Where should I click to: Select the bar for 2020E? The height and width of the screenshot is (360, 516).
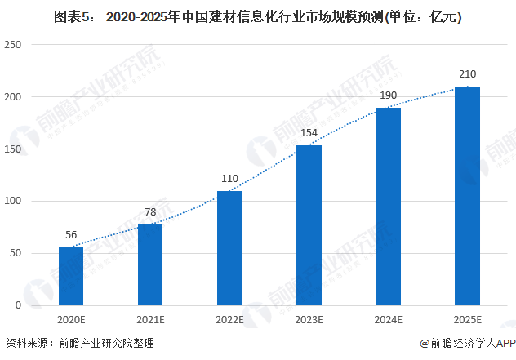tap(71, 276)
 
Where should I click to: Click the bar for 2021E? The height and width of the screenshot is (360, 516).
tap(150, 264)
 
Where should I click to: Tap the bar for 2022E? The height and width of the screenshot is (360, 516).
tap(229, 248)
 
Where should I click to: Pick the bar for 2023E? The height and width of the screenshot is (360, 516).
tap(309, 225)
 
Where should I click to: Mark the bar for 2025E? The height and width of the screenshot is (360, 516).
tap(467, 196)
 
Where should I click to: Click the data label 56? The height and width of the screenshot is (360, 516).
tap(71, 234)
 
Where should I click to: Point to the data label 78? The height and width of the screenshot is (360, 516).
tap(150, 211)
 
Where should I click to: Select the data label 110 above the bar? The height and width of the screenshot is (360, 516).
tap(229, 178)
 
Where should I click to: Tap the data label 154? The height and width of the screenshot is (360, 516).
tap(309, 132)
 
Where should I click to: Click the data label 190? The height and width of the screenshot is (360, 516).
tap(388, 95)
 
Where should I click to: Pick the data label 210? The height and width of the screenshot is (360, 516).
tap(467, 73)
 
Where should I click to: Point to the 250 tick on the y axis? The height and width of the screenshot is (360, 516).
tap(12, 45)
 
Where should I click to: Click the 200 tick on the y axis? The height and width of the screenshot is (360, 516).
tap(12, 97)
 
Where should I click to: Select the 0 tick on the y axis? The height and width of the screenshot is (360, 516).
tap(17, 305)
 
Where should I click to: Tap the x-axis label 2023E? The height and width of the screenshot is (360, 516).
tap(309, 319)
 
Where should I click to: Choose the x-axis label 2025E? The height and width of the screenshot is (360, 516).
tap(467, 319)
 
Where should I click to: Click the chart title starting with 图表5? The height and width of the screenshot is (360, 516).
tap(258, 16)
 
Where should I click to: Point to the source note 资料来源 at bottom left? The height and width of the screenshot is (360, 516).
tap(79, 344)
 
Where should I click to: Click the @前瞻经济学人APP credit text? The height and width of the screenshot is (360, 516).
tap(465, 344)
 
